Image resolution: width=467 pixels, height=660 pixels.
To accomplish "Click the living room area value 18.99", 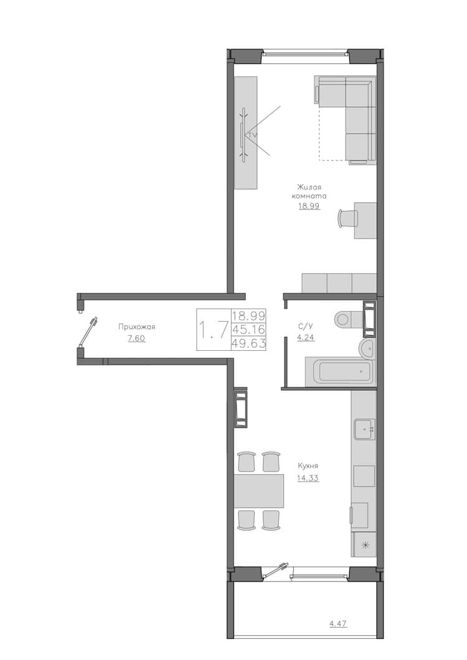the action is tap(309, 207).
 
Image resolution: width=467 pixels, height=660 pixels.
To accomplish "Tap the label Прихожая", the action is tap(136, 327).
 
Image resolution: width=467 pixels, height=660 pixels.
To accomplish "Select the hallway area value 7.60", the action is tap(137, 338).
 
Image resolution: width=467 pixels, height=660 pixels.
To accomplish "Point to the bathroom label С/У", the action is tap(306, 326).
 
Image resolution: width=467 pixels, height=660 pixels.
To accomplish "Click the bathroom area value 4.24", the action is tap(306, 338).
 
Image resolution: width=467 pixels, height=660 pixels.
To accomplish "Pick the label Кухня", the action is tap(308, 466).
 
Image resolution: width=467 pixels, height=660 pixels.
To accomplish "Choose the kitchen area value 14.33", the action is tap(308, 478).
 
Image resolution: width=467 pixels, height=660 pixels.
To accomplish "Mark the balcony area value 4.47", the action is tap(338, 624).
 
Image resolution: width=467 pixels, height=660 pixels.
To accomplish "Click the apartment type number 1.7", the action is tap(214, 330).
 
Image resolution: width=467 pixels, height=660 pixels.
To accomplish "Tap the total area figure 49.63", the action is tap(248, 344).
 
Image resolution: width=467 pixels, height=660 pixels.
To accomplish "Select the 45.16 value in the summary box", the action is tap(248, 330).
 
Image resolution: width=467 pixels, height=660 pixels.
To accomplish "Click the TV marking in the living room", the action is tap(252, 135).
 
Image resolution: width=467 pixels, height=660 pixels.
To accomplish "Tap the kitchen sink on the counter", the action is tap(364, 429).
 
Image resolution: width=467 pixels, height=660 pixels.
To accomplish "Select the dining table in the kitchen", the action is tap(259, 491).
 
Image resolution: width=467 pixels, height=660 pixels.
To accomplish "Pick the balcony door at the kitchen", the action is tap(276, 570).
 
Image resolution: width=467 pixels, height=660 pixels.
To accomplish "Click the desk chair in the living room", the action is tap(347, 218).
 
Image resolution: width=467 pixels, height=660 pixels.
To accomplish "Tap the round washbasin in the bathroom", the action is tap(367, 348).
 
